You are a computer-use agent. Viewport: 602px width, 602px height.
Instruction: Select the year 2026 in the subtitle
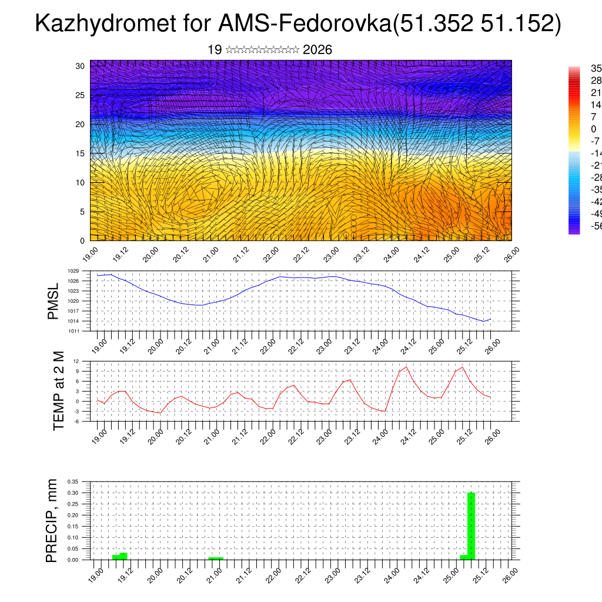point(317,50)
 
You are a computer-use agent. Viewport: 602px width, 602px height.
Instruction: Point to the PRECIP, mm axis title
point(52,520)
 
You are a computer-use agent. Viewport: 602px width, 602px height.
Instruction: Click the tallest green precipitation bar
point(471,526)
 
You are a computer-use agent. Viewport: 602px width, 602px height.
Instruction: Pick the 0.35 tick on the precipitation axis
point(72,481)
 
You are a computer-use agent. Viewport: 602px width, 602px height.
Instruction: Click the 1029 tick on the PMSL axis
point(73,271)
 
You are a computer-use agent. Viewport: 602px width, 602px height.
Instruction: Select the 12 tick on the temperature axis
point(76,361)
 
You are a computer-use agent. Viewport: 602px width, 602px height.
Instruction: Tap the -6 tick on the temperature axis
point(76,421)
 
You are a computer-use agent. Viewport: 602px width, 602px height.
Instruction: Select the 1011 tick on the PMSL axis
point(73,331)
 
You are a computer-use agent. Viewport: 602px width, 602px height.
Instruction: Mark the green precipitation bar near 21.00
point(216,558)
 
